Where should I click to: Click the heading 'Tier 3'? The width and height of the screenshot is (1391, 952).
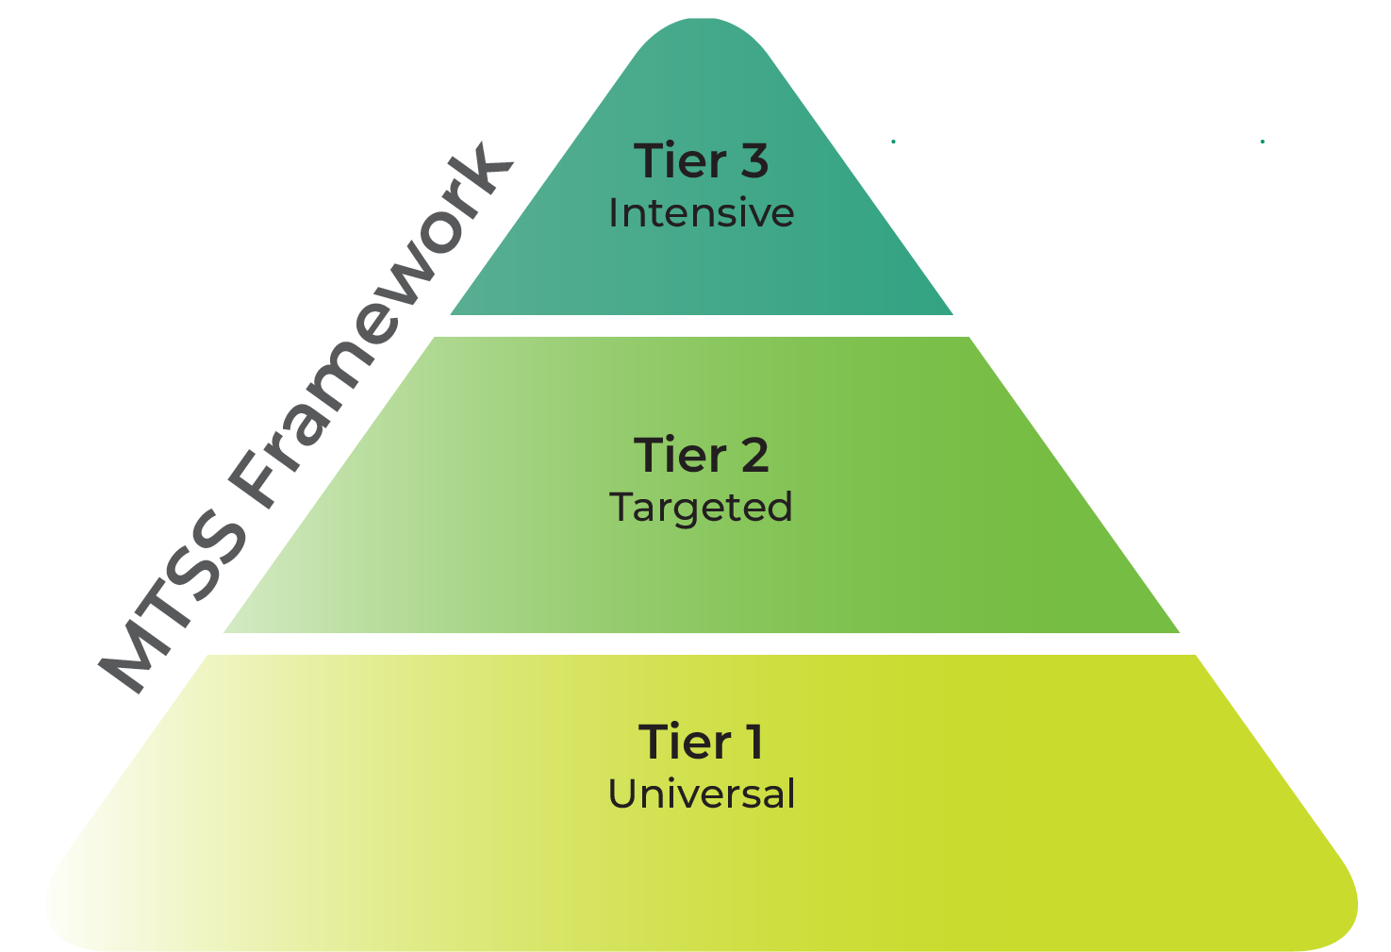pos(701,160)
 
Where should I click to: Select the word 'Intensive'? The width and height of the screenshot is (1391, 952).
pos(701,213)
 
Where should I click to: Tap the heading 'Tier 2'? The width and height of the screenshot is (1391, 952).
pos(701,455)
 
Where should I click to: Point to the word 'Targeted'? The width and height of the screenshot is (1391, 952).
pos(701,509)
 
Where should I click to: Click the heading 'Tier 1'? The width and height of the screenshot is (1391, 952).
pos(701,742)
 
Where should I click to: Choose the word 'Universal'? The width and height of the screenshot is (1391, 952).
pos(701,794)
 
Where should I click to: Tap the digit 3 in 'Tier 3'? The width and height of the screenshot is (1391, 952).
pos(753,161)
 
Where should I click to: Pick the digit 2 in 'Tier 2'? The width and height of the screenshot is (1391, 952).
pos(753,456)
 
